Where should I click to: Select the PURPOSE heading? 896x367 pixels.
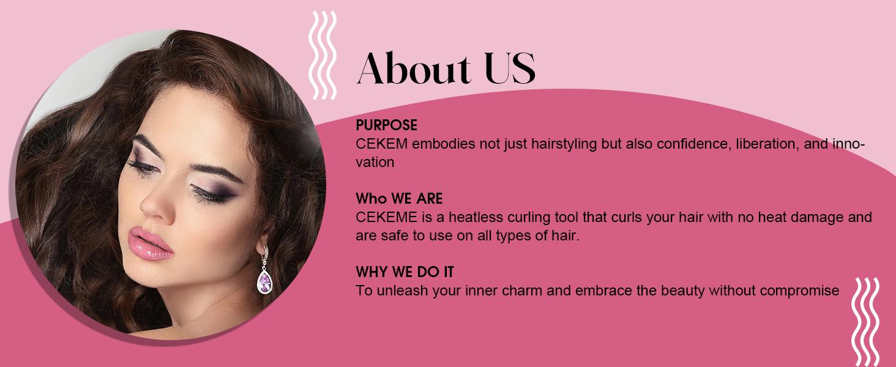[x=386, y=125]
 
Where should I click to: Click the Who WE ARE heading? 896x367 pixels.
[x=399, y=199]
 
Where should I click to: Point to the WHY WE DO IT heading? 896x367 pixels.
[x=405, y=272]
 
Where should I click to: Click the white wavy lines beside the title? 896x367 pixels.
[x=323, y=55]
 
